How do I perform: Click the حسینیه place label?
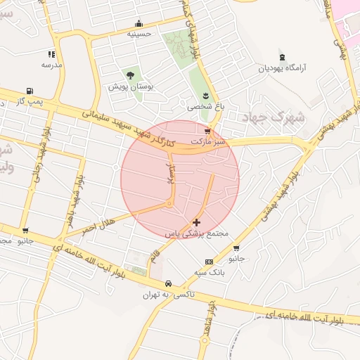click(x=139, y=33)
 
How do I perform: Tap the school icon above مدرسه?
click(x=51, y=54)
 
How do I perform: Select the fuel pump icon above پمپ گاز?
click(x=29, y=91)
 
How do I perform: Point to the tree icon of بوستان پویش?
click(x=129, y=75)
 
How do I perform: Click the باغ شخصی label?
click(x=202, y=107)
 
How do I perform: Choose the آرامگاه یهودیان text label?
click(x=282, y=69)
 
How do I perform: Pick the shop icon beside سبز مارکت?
click(x=207, y=131)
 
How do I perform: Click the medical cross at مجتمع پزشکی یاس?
click(x=195, y=222)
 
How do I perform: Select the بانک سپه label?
click(x=209, y=271)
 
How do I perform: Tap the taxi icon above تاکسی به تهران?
click(x=167, y=283)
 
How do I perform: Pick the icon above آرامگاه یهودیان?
click(x=282, y=57)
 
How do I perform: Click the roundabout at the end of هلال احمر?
click(x=169, y=204)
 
